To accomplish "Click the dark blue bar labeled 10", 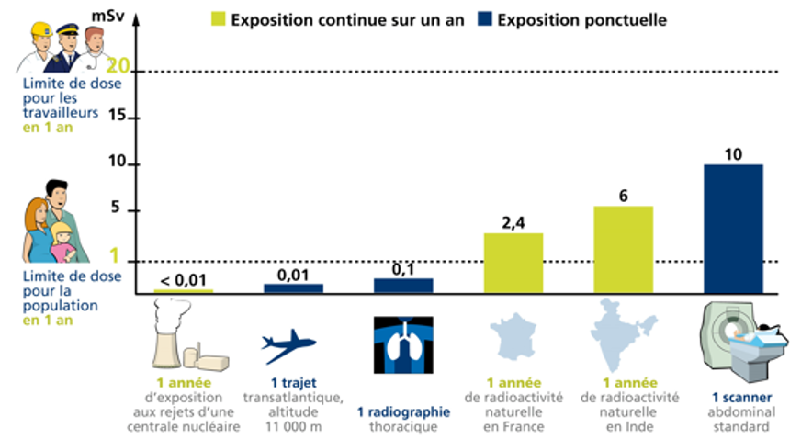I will click(x=732, y=229).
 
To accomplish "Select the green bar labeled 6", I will click(x=622, y=249).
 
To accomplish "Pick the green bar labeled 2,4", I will click(x=512, y=263).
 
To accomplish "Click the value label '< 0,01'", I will click(x=184, y=279).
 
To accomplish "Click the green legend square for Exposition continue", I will click(x=218, y=18).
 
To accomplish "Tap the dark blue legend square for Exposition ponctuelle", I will click(x=484, y=18).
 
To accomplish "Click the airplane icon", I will click(x=288, y=346).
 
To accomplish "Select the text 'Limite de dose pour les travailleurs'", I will click(x=57, y=100).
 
